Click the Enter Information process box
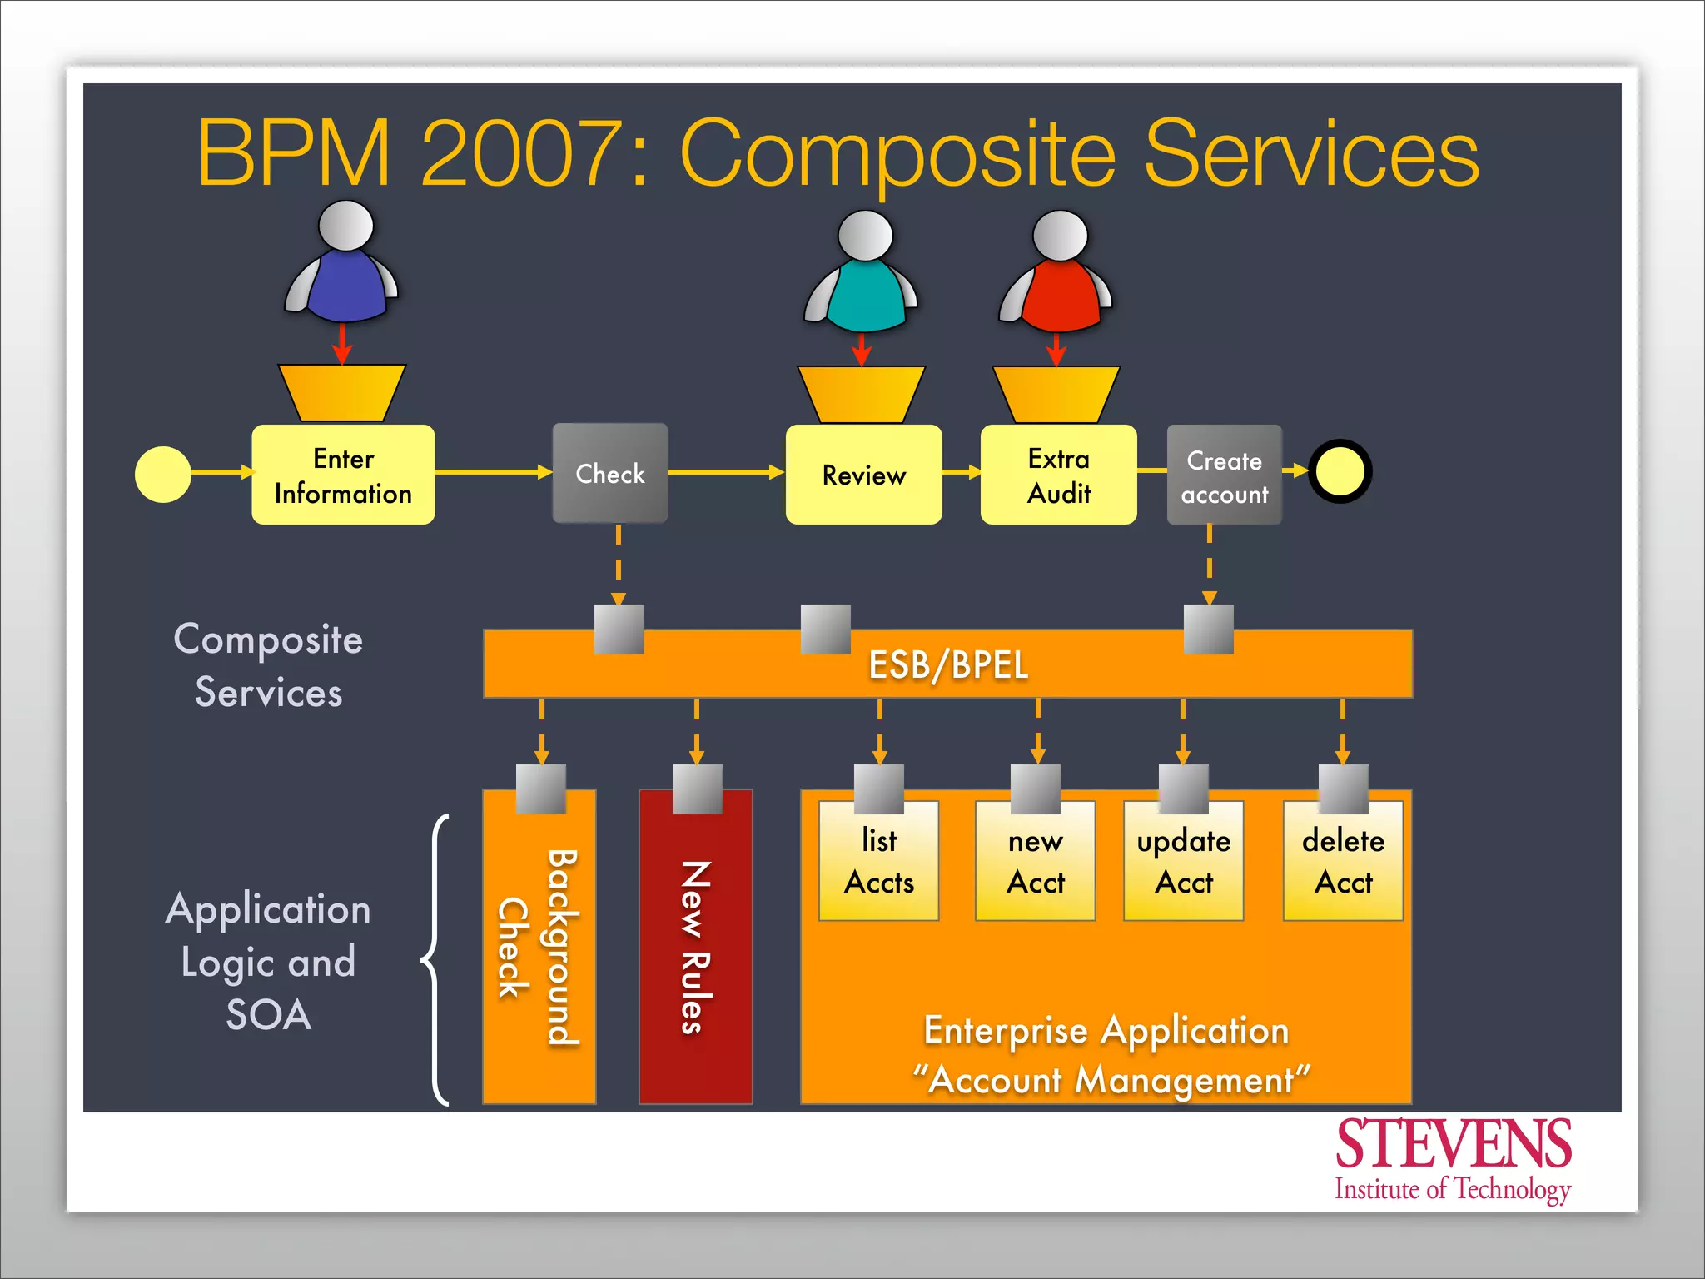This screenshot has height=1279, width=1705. click(x=343, y=475)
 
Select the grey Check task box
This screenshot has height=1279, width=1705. click(x=609, y=473)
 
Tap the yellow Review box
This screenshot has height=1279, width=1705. click(x=863, y=475)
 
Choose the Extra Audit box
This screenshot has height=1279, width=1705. click(x=1058, y=475)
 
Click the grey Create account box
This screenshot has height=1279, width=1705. click(x=1224, y=475)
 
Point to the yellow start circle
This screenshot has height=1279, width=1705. click(x=163, y=474)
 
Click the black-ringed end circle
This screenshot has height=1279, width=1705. click(x=1340, y=471)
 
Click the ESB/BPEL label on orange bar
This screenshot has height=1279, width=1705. click(x=948, y=664)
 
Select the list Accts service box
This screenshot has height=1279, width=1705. click(x=878, y=862)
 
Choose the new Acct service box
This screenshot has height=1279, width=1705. click(x=1035, y=862)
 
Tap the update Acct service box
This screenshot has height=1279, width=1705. click(x=1183, y=862)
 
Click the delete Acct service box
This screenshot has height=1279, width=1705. click(x=1343, y=862)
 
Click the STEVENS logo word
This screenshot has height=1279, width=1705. click(x=1453, y=1144)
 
